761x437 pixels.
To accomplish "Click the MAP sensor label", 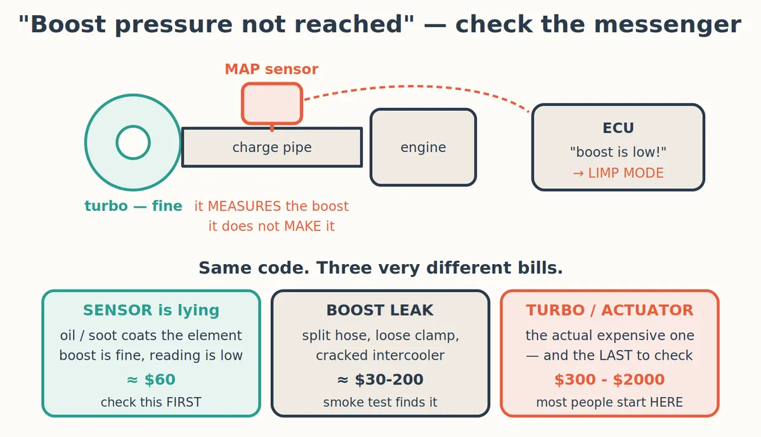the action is [x=271, y=69].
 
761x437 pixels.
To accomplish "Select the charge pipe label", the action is [x=272, y=147].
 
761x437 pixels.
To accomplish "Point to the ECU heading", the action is [x=618, y=128].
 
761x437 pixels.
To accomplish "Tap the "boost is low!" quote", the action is [x=618, y=151].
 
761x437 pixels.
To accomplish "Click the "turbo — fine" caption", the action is [x=133, y=206].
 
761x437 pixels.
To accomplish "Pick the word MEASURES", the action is [x=244, y=206].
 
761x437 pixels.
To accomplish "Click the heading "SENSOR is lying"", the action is [x=151, y=310].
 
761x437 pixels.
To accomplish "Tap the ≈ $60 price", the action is [x=151, y=379].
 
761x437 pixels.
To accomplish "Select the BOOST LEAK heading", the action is [x=380, y=310].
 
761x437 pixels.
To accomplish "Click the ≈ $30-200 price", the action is [x=380, y=379].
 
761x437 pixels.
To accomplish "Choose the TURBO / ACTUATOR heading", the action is [x=609, y=310].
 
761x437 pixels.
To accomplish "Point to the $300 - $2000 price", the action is [x=609, y=379].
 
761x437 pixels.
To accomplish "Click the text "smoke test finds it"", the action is [x=380, y=402].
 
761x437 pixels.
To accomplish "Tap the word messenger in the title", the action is [x=668, y=25].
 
